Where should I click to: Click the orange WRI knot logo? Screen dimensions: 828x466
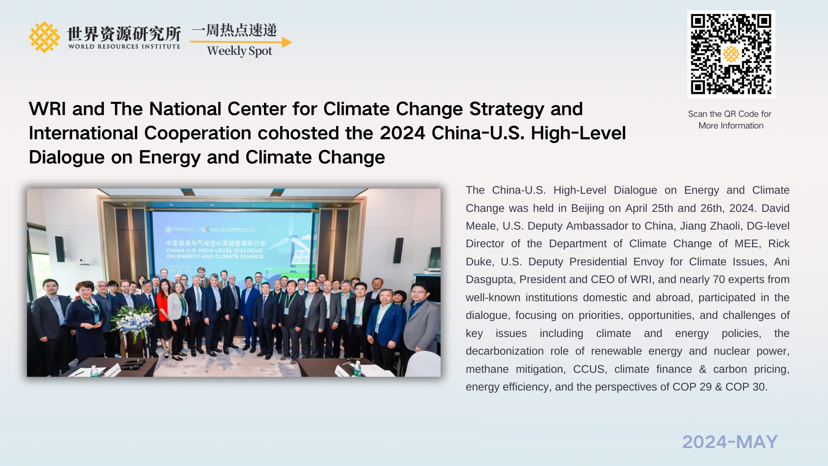(44, 37)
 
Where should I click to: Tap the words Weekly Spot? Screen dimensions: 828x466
(239, 51)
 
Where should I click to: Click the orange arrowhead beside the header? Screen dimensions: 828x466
(287, 42)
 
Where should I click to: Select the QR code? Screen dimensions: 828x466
(731, 54)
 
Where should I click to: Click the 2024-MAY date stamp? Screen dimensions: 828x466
(730, 442)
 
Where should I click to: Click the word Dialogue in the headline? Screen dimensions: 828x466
(66, 157)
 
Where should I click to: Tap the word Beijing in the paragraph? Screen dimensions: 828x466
(587, 208)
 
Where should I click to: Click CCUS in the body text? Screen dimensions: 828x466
(589, 369)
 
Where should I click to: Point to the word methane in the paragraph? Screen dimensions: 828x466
(487, 369)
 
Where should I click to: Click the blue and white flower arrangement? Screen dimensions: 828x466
(133, 321)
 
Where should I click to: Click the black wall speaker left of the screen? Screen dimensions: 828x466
(60, 249)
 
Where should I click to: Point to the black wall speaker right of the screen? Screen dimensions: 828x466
(398, 250)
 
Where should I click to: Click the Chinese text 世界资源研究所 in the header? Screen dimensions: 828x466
(124, 34)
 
